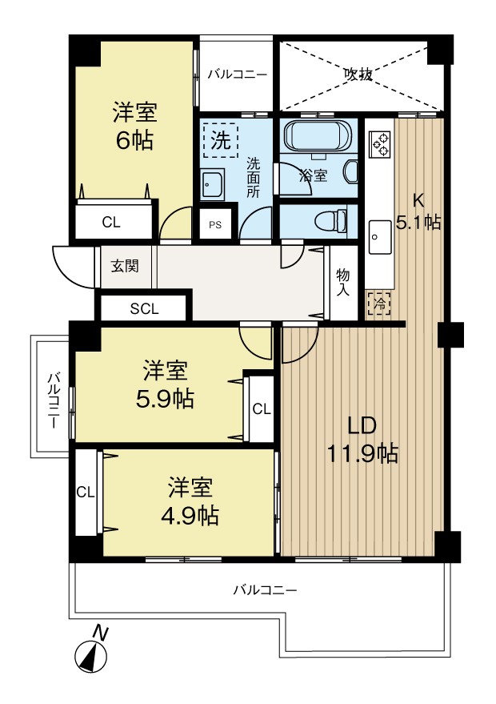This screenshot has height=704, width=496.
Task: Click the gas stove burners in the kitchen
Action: (380, 144)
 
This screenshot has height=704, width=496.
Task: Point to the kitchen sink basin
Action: (379, 238)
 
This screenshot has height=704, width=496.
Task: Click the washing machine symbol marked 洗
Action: (220, 141)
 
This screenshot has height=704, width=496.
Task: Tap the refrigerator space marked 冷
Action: (380, 303)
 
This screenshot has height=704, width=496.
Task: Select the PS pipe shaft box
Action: (215, 225)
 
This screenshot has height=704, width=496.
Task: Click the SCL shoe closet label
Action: (145, 308)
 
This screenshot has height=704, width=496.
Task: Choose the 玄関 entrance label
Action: (125, 265)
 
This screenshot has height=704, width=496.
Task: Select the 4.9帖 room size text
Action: (190, 515)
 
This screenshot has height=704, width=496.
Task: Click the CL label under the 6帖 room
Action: (111, 223)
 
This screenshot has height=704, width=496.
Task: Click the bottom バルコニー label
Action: (265, 590)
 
